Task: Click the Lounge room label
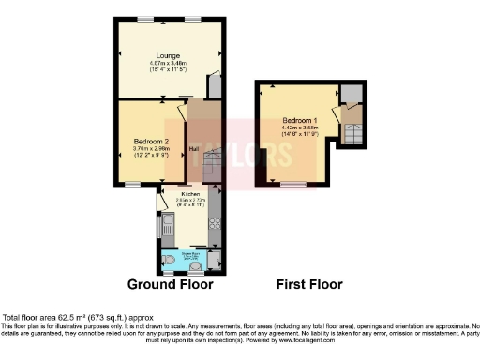click(170, 53)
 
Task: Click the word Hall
click(194, 147)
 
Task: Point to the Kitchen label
click(180, 192)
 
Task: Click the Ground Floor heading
click(170, 283)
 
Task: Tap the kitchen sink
click(168, 225)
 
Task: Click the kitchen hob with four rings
click(213, 224)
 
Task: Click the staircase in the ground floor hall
click(211, 170)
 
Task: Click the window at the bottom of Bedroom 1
click(292, 183)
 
